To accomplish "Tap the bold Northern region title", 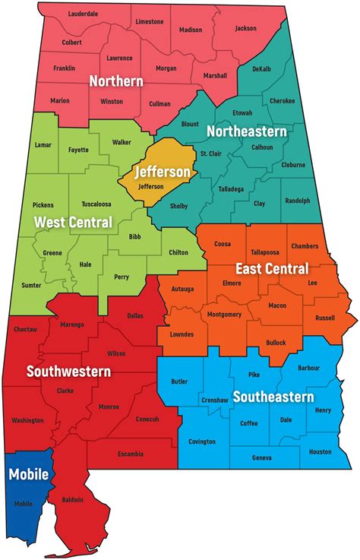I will (116, 81).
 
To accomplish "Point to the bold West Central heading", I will (73, 223).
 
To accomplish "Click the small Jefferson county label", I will (151, 186).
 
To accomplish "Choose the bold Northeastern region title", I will (248, 131).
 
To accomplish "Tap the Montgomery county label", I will (224, 315).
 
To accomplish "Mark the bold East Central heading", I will (271, 268).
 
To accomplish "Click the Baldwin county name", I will (72, 500).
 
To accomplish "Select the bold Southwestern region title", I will (68, 372).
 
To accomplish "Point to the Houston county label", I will (321, 451).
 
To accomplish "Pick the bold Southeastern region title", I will (273, 397).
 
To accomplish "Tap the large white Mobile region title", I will (28, 475).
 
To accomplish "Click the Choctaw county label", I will (25, 330).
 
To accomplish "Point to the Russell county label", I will (325, 318).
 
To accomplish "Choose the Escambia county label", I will (131, 454).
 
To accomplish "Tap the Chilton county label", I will (178, 252).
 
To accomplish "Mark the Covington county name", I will (202, 441).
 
